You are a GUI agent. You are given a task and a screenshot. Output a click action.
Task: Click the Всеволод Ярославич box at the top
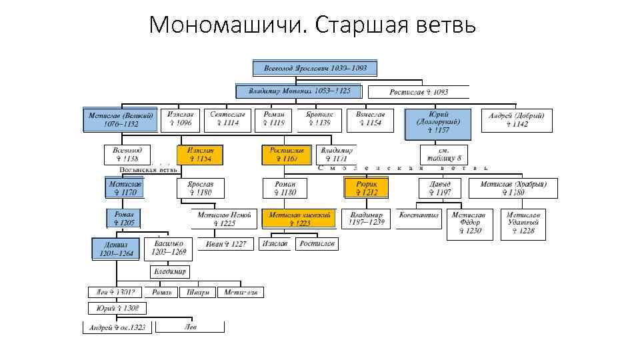[x=315, y=69]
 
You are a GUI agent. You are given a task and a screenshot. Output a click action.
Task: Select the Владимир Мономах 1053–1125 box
[x=298, y=91]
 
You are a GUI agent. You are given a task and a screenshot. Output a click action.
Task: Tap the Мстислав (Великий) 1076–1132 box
[x=121, y=119]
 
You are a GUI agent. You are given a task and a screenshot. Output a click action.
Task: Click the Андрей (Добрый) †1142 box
[x=517, y=120]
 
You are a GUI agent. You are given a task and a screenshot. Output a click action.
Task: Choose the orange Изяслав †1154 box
[x=200, y=155]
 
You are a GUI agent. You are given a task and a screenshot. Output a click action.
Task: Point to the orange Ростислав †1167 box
[x=287, y=155]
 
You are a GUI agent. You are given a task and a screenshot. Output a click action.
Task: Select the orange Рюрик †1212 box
[x=367, y=188]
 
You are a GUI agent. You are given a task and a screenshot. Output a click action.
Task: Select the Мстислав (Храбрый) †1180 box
[x=513, y=188]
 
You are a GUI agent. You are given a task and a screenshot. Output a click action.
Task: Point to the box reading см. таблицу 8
[x=444, y=155]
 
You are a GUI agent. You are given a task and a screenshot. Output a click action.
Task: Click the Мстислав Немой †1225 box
[x=224, y=219]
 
